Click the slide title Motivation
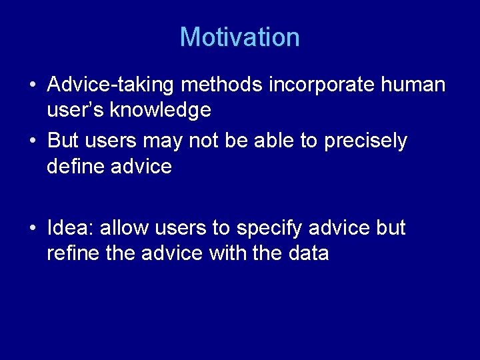tap(239, 37)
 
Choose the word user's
tap(73, 111)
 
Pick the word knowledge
tap(162, 111)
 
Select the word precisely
tap(365, 141)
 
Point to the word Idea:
tap(71, 228)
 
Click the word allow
tap(125, 228)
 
